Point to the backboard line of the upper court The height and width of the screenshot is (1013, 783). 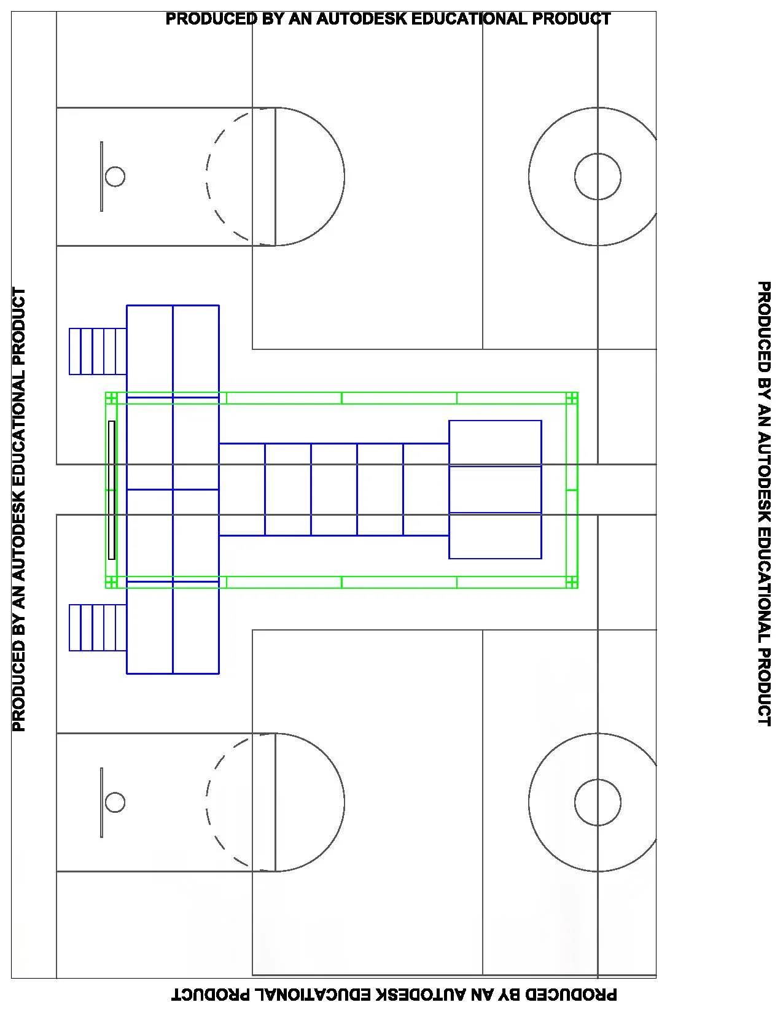[x=102, y=177]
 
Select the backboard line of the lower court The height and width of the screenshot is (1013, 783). [x=102, y=802]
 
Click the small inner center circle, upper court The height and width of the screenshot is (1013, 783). [x=575, y=177]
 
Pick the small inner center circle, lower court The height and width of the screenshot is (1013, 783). [x=575, y=802]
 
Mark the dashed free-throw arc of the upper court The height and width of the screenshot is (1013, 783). [x=206, y=177]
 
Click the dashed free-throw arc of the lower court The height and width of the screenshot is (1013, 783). [x=206, y=802]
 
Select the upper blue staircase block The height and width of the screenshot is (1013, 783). [x=98, y=352]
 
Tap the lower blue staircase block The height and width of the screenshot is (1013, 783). [x=98, y=627]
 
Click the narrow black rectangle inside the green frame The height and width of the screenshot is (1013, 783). [x=112, y=490]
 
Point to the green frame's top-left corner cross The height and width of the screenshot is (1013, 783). [x=111, y=398]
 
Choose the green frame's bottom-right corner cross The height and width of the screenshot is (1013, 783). [x=572, y=582]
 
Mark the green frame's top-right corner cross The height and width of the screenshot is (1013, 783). [x=572, y=398]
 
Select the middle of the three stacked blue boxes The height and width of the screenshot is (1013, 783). [x=495, y=489]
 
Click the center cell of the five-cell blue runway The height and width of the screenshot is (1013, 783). [x=334, y=489]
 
